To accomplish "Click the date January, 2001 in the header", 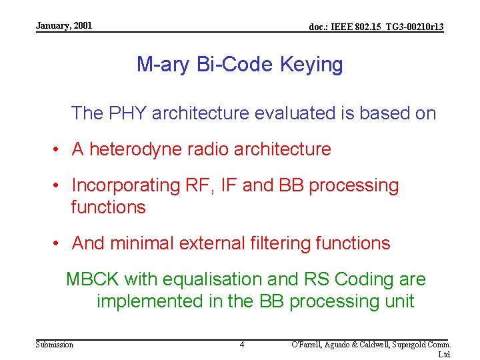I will click(x=64, y=26).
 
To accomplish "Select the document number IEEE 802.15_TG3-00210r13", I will click(x=376, y=27).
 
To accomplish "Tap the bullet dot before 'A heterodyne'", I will click(x=58, y=150).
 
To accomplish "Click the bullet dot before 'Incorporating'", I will click(x=58, y=186).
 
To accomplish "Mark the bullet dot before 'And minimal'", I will click(x=58, y=244).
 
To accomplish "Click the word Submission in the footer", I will click(x=54, y=345).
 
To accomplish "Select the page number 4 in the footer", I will click(x=241, y=345).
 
